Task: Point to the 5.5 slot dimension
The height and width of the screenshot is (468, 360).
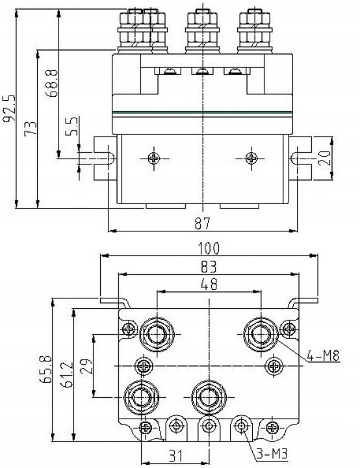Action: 73,125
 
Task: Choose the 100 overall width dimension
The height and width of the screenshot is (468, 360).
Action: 209,248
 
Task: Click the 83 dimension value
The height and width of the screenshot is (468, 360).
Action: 209,266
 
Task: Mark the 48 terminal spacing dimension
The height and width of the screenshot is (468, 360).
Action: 209,284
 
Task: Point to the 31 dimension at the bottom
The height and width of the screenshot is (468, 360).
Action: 173,457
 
